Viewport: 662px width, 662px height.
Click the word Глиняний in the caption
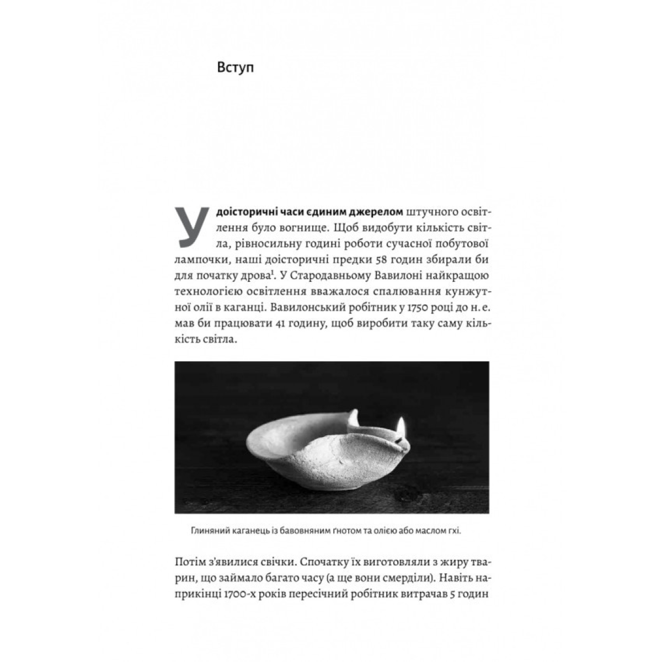tap(207, 532)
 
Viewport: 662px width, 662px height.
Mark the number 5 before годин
tap(455, 596)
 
